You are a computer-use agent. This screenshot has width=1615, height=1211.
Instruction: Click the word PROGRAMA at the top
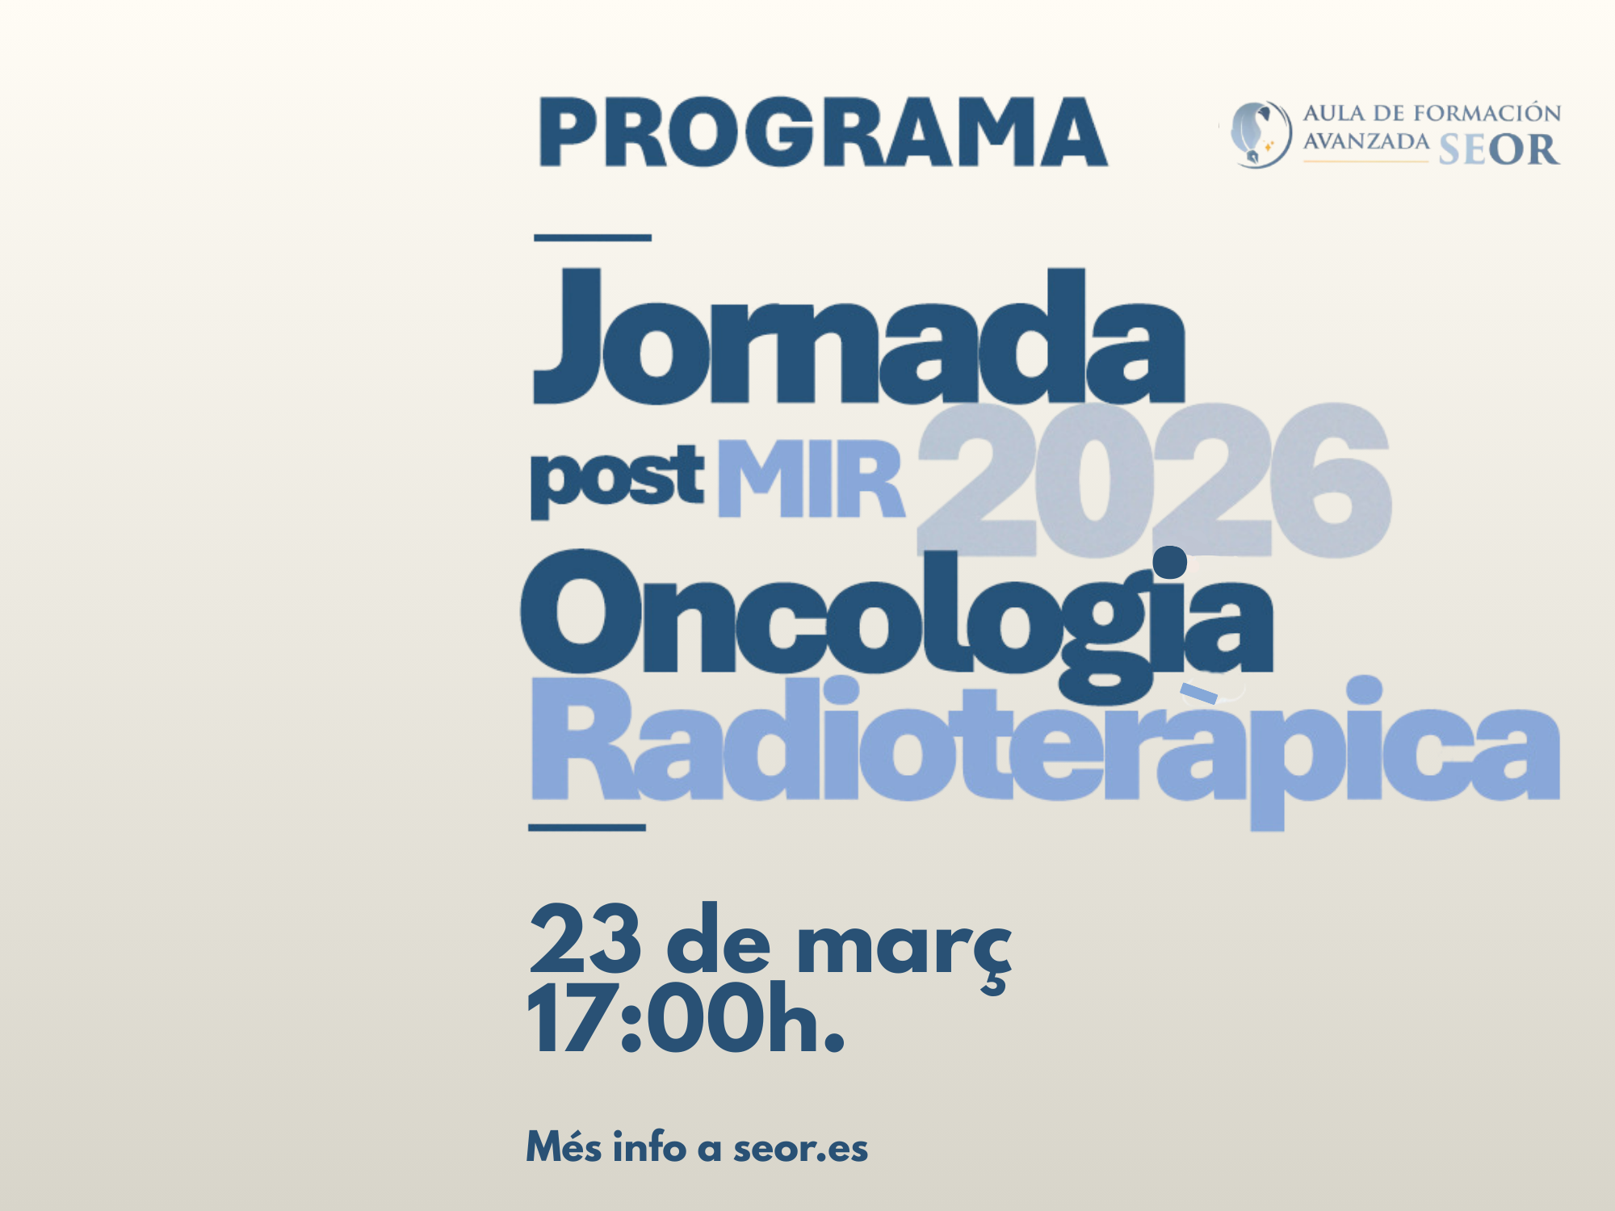pyautogui.click(x=823, y=132)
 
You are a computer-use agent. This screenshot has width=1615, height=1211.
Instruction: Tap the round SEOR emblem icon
pyautogui.click(x=1261, y=134)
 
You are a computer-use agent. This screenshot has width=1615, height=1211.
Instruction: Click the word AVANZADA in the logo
pyautogui.click(x=1365, y=142)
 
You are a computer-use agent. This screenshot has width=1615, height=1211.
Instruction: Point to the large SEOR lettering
pyautogui.click(x=1498, y=149)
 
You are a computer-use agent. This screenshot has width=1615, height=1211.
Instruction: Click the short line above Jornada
pyautogui.click(x=593, y=237)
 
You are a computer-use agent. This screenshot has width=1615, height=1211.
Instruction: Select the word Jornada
pyautogui.click(x=858, y=335)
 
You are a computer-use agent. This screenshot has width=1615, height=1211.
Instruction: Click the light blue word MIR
pyautogui.click(x=811, y=480)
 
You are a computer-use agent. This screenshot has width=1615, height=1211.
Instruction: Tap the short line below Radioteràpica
pyautogui.click(x=587, y=828)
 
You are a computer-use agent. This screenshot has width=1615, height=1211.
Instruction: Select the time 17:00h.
pyautogui.click(x=686, y=1020)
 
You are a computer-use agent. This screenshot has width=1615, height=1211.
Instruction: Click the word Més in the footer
pyautogui.click(x=564, y=1147)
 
